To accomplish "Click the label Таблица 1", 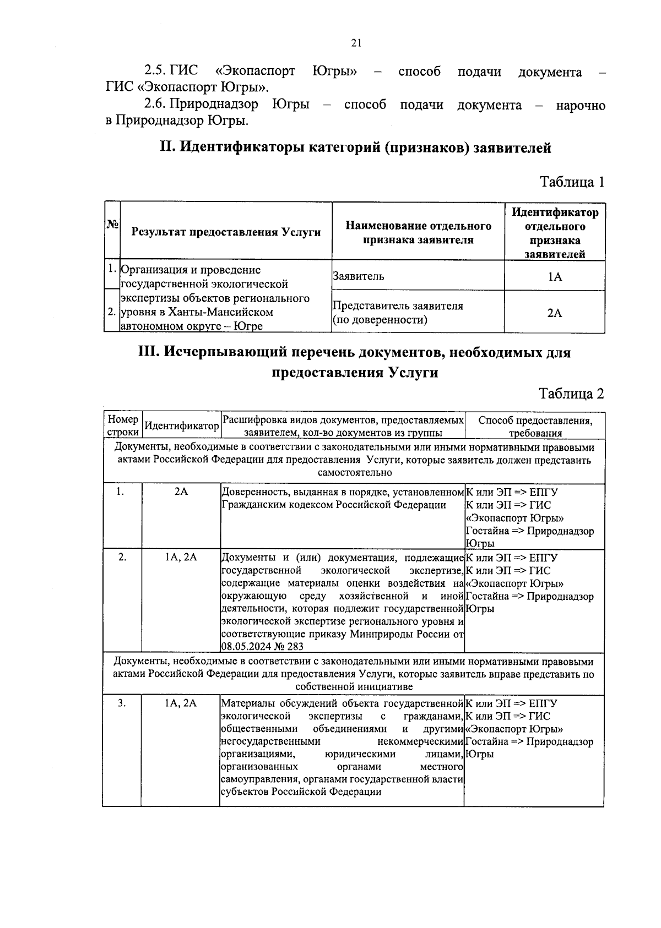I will pyautogui.click(x=572, y=182).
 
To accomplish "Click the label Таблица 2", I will pyautogui.click(x=571, y=394).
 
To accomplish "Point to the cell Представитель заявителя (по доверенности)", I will pyautogui.click(x=398, y=313).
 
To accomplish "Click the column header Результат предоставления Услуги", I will pyautogui.click(x=226, y=232).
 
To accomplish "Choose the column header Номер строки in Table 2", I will pyautogui.click(x=122, y=426).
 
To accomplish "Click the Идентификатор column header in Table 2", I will pyautogui.click(x=181, y=426).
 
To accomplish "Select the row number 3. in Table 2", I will pyautogui.click(x=122, y=703).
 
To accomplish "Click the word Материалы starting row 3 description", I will pyautogui.click(x=247, y=703).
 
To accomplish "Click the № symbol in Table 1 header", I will pyautogui.click(x=112, y=225).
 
